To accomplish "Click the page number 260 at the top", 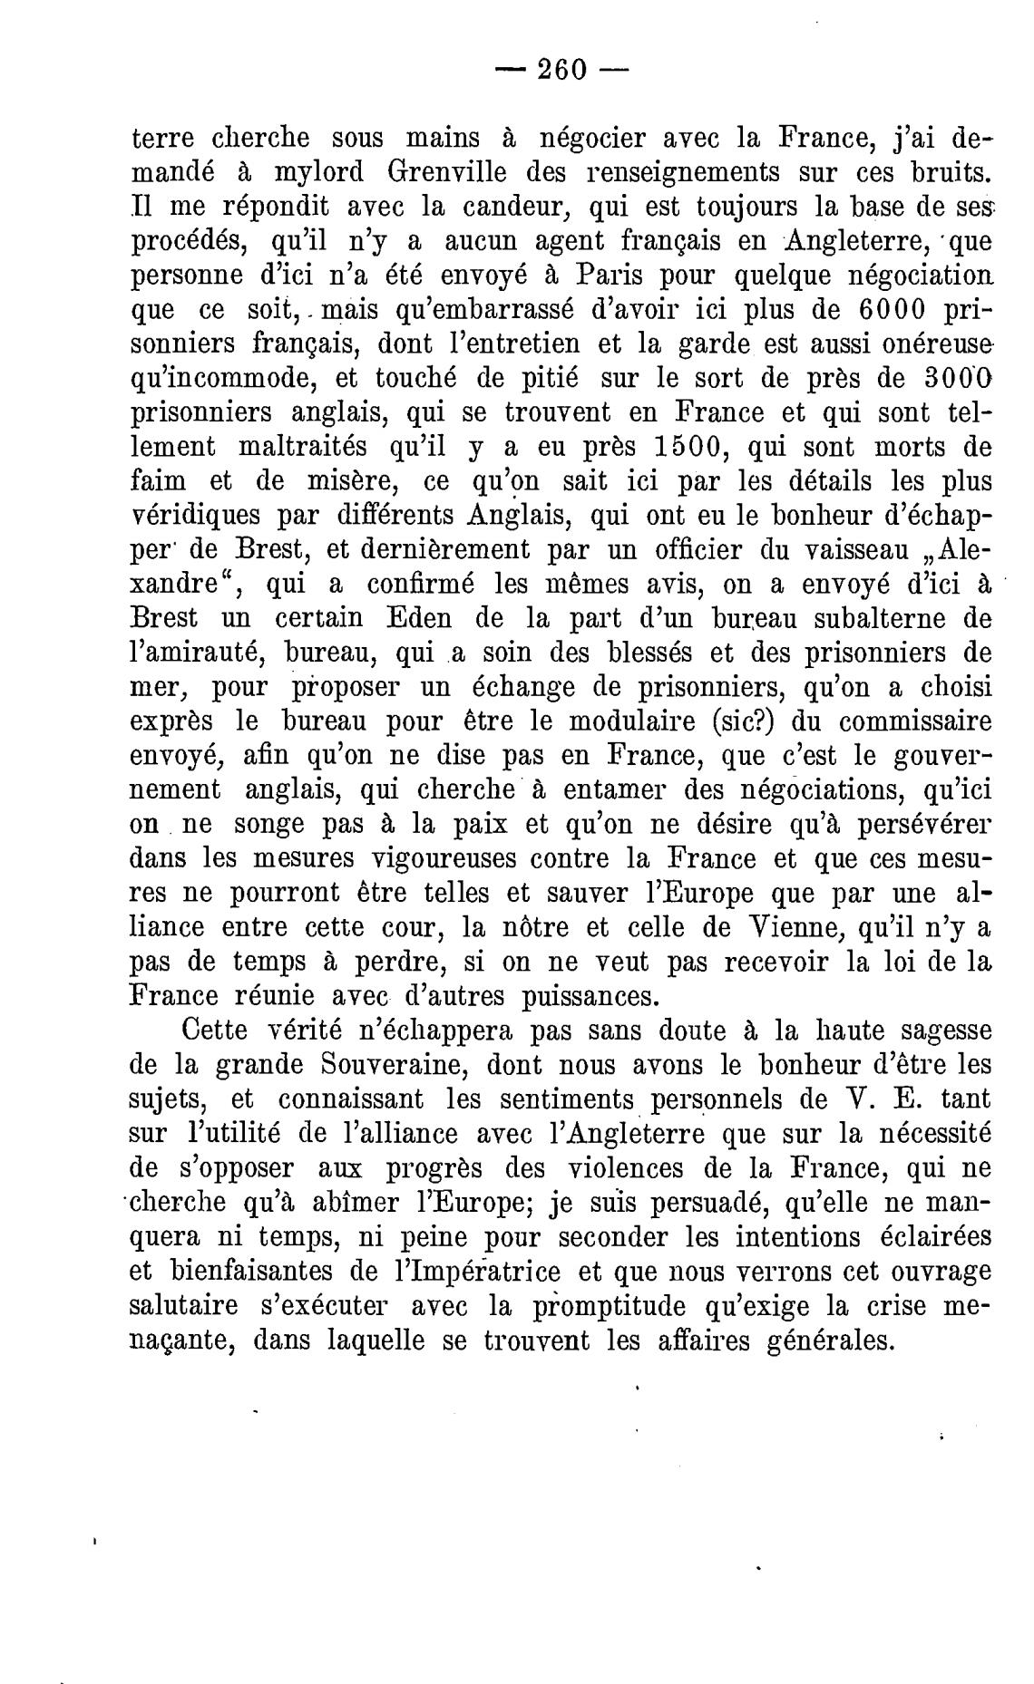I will pyautogui.click(x=563, y=69).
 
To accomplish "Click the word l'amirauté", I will pyautogui.click(x=193, y=653).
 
